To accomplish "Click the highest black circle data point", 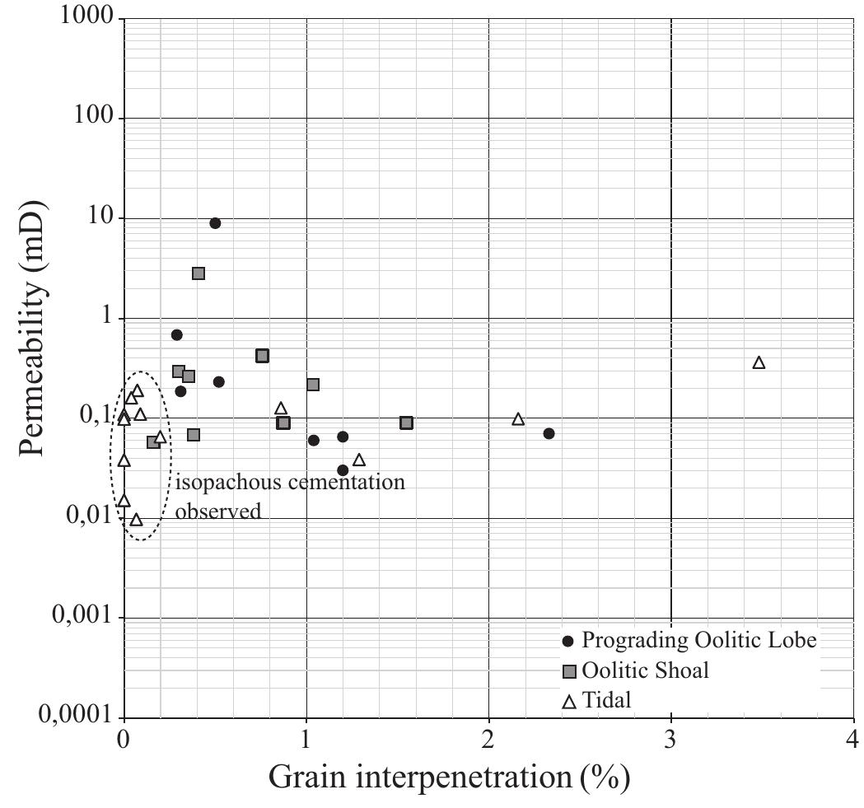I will click(x=215, y=223).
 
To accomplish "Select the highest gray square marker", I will click(x=198, y=273).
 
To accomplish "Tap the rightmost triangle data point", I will click(x=759, y=362).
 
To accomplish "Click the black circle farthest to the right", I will click(x=549, y=433).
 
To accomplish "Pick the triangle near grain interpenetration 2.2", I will click(x=518, y=419).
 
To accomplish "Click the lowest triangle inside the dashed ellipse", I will click(x=136, y=520).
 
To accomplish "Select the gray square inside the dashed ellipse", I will click(x=153, y=442).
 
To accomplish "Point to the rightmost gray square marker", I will click(x=406, y=423).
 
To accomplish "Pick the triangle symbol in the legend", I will click(x=567, y=702).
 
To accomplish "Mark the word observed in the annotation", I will click(x=218, y=511).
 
